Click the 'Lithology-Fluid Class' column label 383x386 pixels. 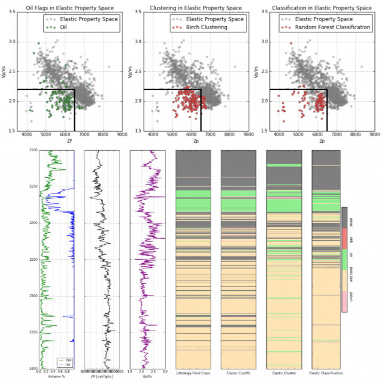194,373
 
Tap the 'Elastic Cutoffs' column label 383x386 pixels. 238,373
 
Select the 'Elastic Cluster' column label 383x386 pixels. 284,373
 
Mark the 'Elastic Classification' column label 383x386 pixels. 329,373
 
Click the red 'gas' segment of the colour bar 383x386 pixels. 345,238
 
